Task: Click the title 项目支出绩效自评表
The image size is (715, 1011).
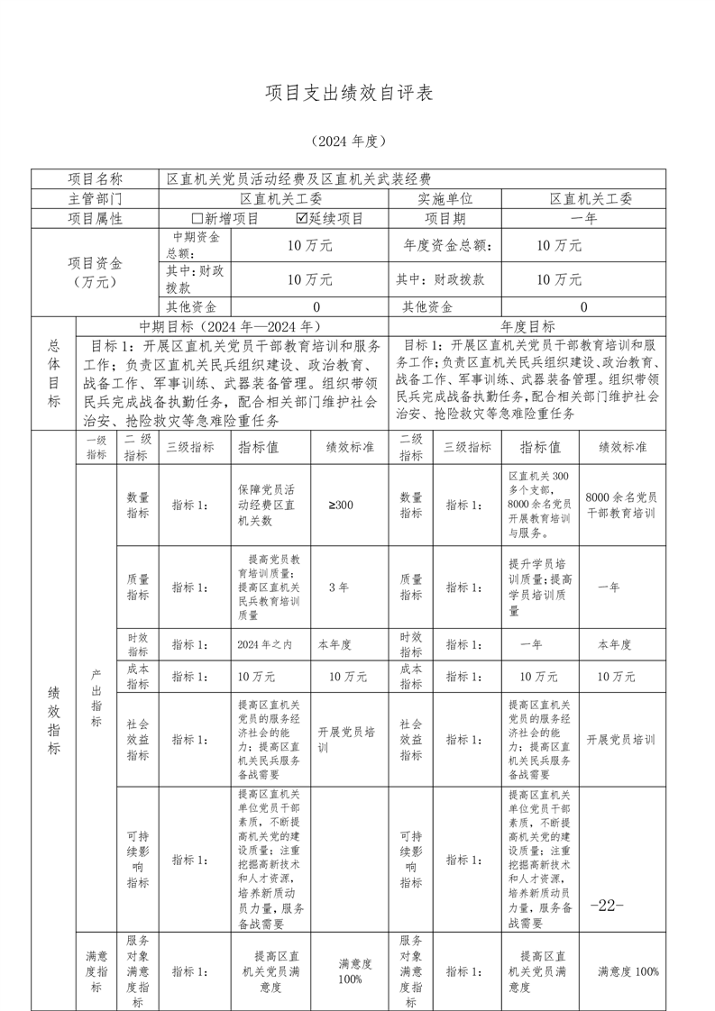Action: [349, 94]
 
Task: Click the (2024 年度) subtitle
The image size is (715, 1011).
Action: [348, 141]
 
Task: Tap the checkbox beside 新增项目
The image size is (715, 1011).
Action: [197, 219]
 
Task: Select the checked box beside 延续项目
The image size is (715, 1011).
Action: [301, 219]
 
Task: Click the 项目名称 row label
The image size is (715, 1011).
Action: [96, 179]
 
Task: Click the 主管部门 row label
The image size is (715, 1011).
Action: [96, 199]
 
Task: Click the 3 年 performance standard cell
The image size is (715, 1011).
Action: [338, 587]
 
